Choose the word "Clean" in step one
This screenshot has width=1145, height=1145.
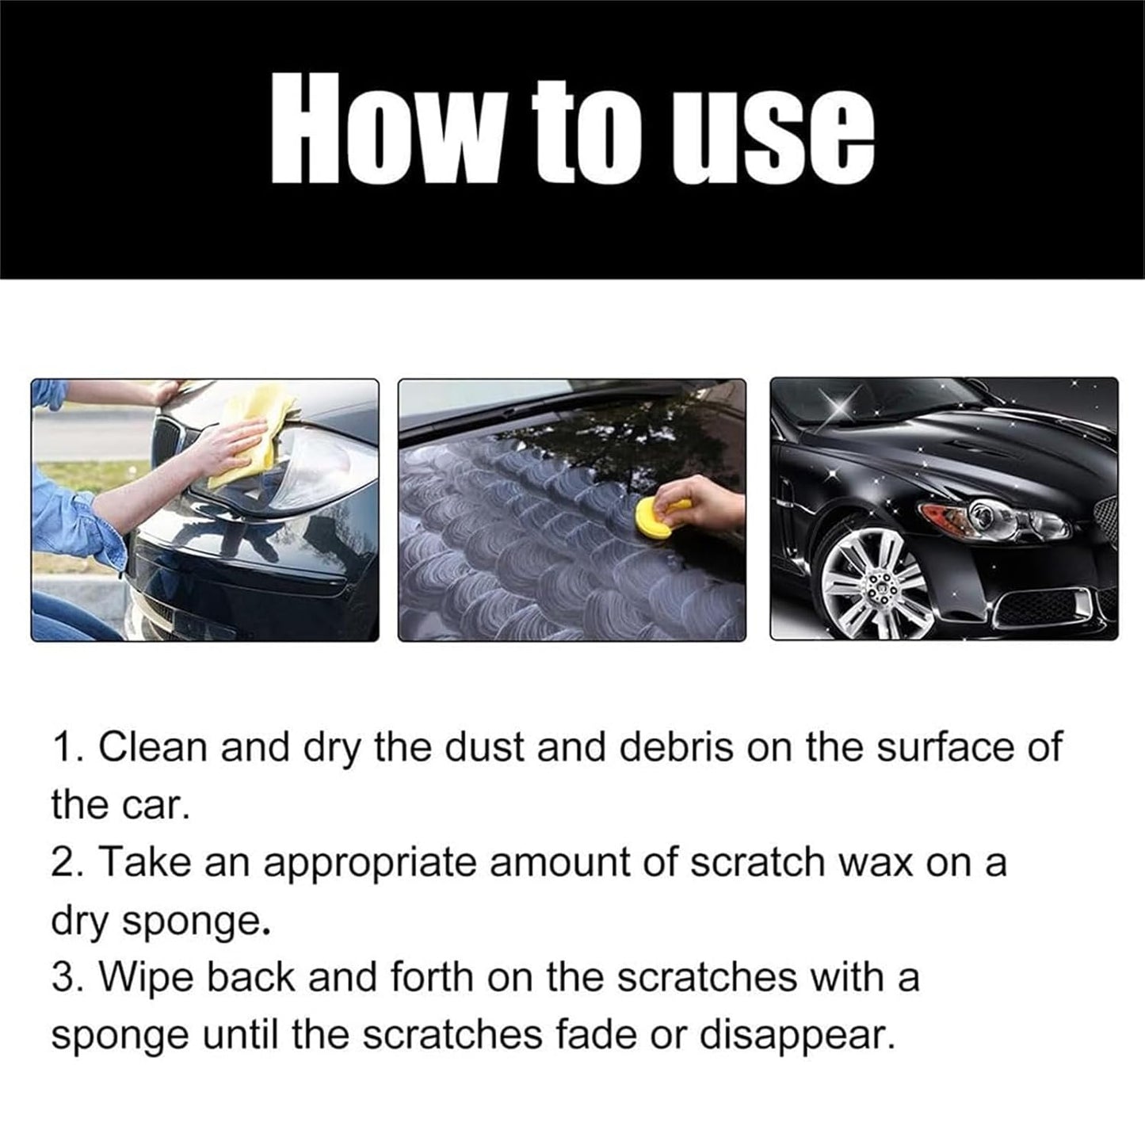pos(151,748)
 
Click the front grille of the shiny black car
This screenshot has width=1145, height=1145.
pos(1106,519)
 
